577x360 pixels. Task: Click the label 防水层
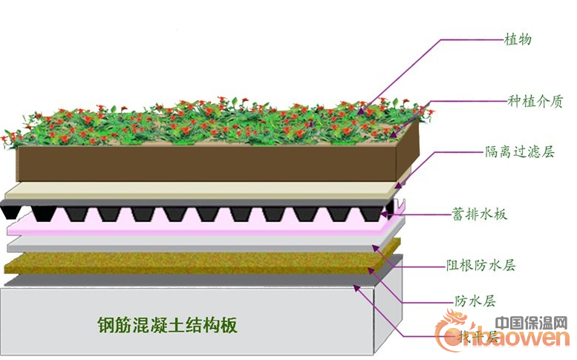click(475, 301)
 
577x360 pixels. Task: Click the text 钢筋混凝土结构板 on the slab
click(167, 325)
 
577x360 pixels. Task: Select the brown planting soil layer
click(208, 162)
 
